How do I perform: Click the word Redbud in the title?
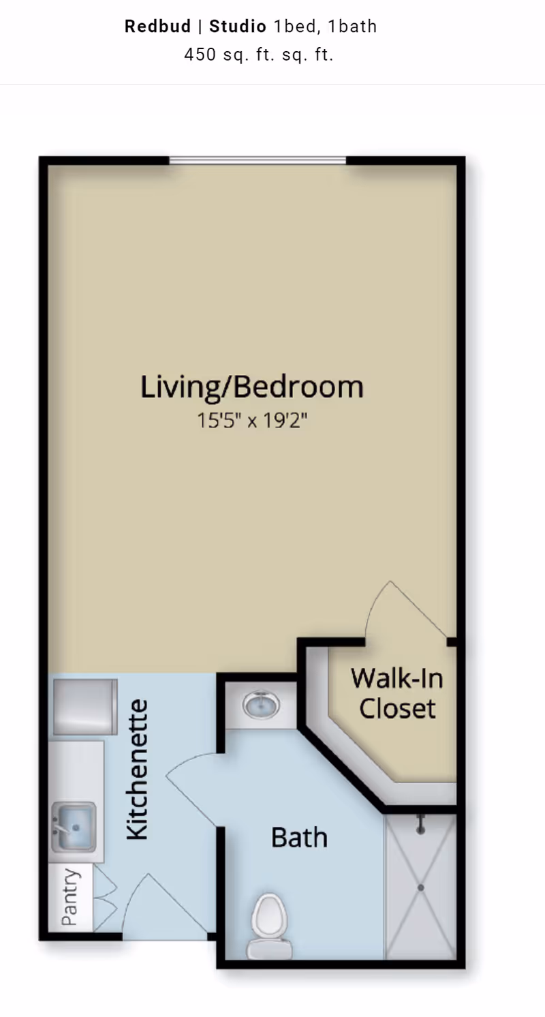click(x=157, y=27)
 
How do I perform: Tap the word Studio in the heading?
click(x=237, y=27)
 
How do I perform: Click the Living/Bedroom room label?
click(x=252, y=386)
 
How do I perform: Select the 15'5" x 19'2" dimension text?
click(x=252, y=421)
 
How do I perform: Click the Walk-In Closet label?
click(x=397, y=693)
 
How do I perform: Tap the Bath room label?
click(x=299, y=837)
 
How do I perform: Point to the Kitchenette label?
click(x=137, y=770)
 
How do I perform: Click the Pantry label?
click(x=70, y=897)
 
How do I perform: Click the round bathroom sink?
click(x=262, y=705)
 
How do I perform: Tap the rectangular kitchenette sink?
click(x=74, y=827)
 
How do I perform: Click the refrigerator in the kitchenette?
click(x=85, y=707)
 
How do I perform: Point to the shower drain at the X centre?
click(x=420, y=887)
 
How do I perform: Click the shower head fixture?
click(x=420, y=825)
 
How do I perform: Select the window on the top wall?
click(x=258, y=160)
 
